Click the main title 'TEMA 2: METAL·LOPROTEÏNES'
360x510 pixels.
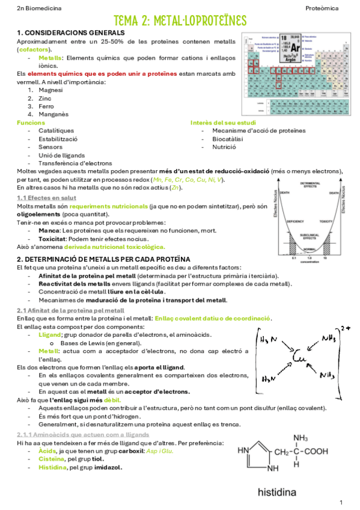click(x=180, y=21)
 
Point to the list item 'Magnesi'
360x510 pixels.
click(x=50, y=90)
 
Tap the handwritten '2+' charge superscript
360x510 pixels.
click(x=344, y=329)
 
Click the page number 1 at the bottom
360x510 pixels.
click(x=341, y=502)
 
